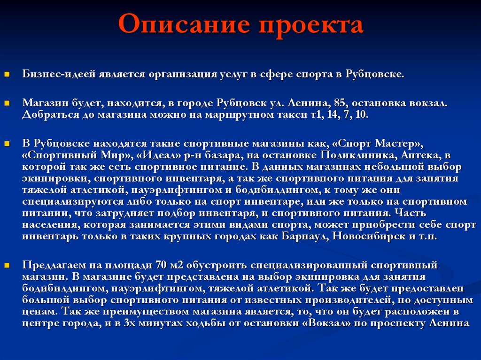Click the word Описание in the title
pos(183,25)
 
